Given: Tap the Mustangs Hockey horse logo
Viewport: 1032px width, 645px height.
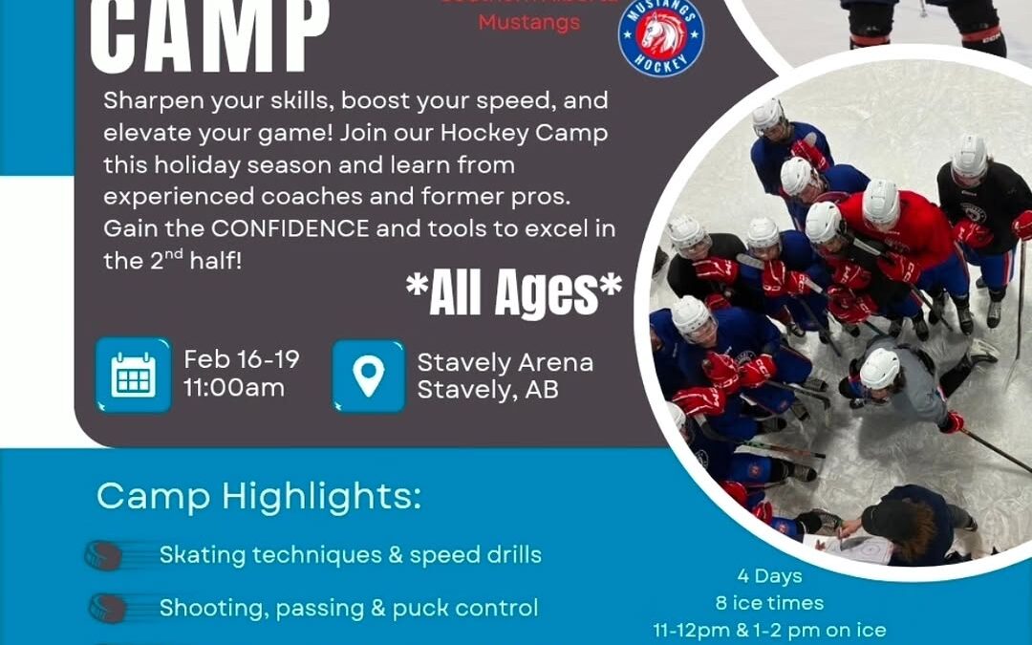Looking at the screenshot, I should tap(661, 35).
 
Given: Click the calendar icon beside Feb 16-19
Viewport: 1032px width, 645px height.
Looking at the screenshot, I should tap(133, 375).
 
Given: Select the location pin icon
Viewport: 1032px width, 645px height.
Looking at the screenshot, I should tap(368, 376).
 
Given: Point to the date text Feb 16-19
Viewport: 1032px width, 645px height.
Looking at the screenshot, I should tap(242, 359).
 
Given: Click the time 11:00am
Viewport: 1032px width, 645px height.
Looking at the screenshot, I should tap(234, 388).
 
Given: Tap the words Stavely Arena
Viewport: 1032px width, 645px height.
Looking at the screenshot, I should tap(505, 362).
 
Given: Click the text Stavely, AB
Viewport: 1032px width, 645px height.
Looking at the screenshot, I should tap(487, 390).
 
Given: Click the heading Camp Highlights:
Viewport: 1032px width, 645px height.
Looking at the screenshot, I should tap(258, 496).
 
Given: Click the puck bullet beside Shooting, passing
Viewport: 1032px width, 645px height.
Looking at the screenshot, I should tap(107, 608).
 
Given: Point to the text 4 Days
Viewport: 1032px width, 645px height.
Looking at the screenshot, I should tap(769, 576).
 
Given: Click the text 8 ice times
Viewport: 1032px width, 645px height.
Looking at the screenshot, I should tap(769, 603).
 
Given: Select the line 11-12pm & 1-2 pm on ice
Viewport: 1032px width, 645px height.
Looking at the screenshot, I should tap(769, 631).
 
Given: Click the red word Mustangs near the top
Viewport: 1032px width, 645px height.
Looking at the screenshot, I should tap(528, 22).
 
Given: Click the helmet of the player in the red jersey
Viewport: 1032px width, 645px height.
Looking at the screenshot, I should tap(880, 201).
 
